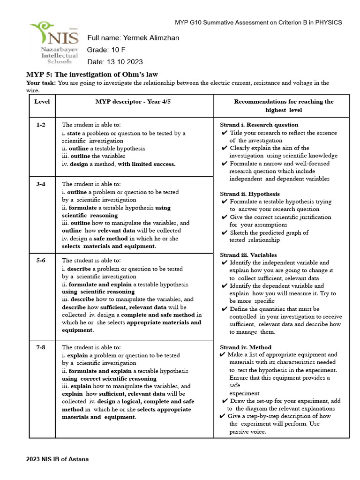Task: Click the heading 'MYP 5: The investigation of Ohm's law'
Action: tap(92, 74)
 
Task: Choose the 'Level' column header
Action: tap(42, 102)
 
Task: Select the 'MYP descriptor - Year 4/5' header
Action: tap(133, 102)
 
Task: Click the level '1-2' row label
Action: tap(42, 125)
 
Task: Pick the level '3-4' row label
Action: tap(42, 184)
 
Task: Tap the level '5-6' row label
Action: tap(42, 260)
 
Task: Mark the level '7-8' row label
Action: tap(42, 347)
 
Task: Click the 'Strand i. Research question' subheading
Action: tap(259, 125)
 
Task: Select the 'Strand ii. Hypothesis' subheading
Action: tap(249, 194)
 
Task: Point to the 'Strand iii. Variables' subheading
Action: tap(248, 255)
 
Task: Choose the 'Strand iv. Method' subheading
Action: tap(246, 347)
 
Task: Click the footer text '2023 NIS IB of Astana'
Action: tap(57, 459)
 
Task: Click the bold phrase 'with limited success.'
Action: tap(147, 164)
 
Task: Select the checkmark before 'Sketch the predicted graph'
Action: tap(225, 232)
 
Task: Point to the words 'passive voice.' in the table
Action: tap(247, 432)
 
